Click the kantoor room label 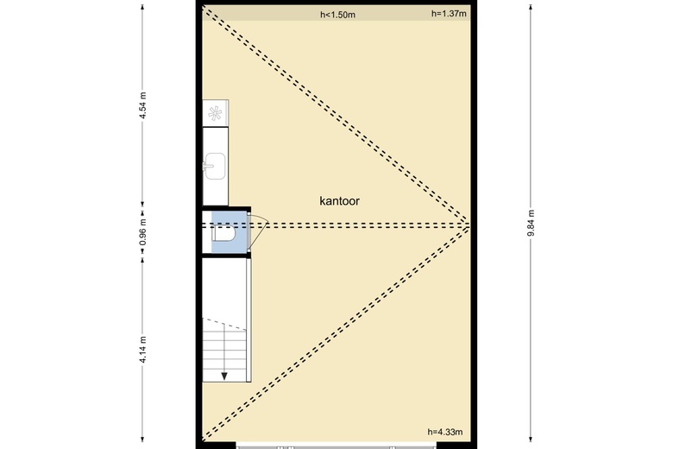(339, 201)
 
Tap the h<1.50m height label (337, 15)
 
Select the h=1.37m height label (449, 14)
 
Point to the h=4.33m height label (445, 433)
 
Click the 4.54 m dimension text (143, 105)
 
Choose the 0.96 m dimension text (143, 232)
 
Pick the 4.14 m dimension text (143, 350)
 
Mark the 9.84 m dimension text (531, 223)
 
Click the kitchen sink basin (215, 166)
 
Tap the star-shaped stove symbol (215, 113)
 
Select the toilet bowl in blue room (223, 235)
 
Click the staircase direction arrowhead (224, 376)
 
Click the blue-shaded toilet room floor (229, 231)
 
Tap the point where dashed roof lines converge (469, 224)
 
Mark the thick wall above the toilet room (226, 209)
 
